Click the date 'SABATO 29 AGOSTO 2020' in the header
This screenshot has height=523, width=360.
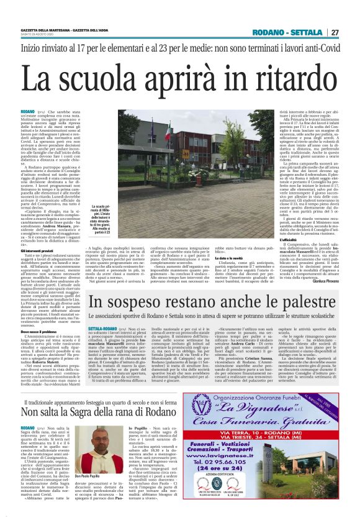point(38,35)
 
